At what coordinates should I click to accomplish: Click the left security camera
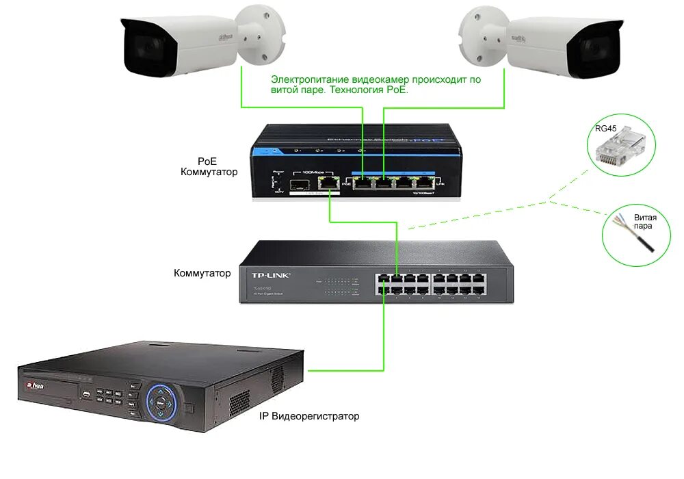tap(185, 44)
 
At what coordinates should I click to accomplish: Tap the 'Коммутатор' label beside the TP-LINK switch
tap(202, 273)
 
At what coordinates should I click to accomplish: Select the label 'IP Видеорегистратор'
tap(308, 415)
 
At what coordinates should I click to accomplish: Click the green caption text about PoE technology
tap(376, 84)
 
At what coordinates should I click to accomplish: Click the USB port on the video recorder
tap(86, 394)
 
